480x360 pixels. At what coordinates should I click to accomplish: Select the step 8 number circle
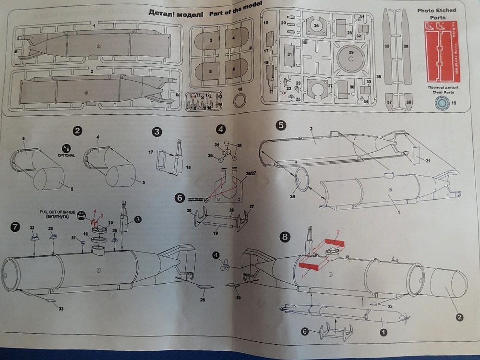coord(285,237)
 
